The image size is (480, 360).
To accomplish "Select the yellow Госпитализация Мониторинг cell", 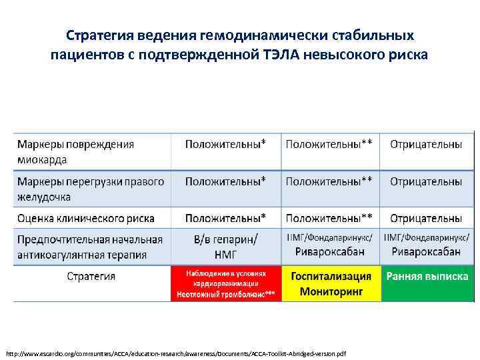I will [x=331, y=284].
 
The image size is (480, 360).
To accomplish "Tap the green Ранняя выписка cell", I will [x=425, y=277].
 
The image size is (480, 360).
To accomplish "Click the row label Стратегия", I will [x=91, y=276].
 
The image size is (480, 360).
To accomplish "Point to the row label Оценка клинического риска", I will [x=86, y=218].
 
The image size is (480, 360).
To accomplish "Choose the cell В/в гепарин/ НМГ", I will [x=225, y=247].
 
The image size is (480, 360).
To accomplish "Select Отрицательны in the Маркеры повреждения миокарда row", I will [x=425, y=144].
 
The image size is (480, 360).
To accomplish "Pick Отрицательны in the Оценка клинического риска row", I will [x=425, y=218].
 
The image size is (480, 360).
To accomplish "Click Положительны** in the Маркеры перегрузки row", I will [x=329, y=181].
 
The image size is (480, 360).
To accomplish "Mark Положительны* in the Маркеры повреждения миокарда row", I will [x=225, y=144].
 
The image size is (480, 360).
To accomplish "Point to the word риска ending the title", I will [x=401, y=54].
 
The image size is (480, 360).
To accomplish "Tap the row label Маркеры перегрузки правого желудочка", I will [x=91, y=189].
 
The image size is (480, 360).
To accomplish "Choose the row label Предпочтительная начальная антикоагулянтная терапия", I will [x=91, y=247].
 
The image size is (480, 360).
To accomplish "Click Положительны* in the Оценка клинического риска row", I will [x=225, y=218].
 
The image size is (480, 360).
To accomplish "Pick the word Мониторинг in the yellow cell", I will [x=331, y=291].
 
